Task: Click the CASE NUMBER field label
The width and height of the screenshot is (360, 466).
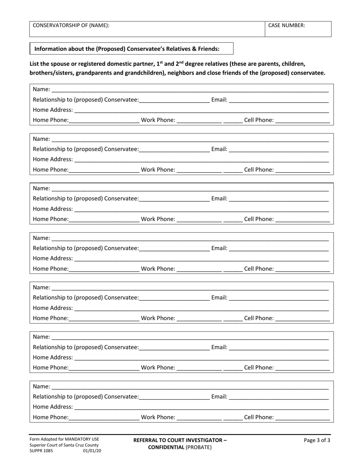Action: (286, 25)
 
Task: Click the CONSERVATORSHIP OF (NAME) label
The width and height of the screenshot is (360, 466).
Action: (71, 25)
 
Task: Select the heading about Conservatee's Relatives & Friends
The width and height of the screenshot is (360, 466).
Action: (127, 48)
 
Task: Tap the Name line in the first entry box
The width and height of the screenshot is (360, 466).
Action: (190, 90)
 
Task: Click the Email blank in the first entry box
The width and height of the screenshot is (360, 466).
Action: (279, 100)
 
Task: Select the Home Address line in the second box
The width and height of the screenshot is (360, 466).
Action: (201, 160)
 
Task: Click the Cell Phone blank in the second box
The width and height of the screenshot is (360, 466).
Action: (302, 170)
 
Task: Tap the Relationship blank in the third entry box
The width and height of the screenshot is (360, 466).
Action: (174, 199)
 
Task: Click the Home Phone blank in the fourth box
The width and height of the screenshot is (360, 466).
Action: (104, 269)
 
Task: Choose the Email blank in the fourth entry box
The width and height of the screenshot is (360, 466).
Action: (279, 248)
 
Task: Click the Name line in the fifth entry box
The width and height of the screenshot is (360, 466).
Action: (190, 288)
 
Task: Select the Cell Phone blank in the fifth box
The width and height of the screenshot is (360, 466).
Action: (302, 318)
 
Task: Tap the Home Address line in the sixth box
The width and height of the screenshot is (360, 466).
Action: (201, 357)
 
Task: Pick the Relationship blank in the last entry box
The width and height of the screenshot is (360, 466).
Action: (174, 397)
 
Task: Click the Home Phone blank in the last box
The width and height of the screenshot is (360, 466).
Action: (104, 417)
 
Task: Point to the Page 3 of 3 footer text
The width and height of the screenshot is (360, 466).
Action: (317, 440)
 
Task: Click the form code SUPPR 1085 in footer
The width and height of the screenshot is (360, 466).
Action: (42, 451)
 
